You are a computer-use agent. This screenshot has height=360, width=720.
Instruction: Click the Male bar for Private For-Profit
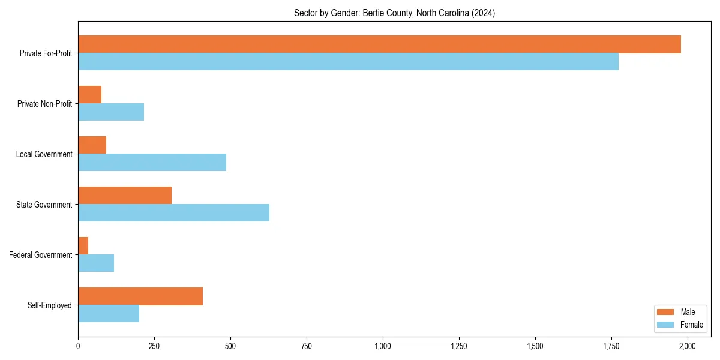click(379, 44)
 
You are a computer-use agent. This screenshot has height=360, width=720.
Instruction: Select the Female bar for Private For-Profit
click(348, 62)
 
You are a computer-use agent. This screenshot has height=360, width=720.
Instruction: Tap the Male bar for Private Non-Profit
click(90, 95)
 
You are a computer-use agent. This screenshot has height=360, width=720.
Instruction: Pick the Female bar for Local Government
click(152, 163)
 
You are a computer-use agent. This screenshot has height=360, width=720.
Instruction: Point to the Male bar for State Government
click(125, 196)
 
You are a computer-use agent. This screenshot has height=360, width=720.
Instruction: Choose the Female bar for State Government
click(173, 213)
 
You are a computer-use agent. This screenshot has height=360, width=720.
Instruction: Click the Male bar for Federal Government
click(83, 246)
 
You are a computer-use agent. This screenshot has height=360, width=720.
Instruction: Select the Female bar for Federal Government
click(96, 263)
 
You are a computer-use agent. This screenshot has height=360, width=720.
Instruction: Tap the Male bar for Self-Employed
click(140, 296)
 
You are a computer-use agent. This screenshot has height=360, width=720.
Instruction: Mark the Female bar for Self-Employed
click(109, 314)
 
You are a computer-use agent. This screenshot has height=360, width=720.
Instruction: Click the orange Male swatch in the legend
click(666, 312)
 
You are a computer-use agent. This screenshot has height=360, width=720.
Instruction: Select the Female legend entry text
click(691, 325)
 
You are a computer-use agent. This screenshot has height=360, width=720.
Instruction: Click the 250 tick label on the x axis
click(154, 346)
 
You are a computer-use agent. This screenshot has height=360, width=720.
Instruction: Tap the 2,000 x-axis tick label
click(687, 346)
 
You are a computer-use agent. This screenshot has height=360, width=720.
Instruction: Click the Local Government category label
click(44, 154)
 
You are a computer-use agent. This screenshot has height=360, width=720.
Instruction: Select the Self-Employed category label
click(49, 305)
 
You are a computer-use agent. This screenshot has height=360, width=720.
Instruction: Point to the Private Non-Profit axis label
click(44, 104)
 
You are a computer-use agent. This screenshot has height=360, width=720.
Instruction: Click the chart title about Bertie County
click(394, 13)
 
